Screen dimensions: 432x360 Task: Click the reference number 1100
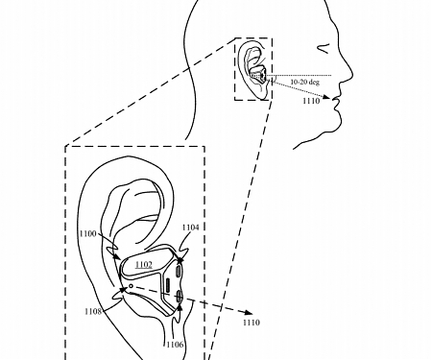[86, 233]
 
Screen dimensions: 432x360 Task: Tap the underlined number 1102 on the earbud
[143, 263]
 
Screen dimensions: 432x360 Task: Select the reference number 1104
[190, 228]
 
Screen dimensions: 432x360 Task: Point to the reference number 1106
[174, 345]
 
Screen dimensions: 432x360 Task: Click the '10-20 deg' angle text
[302, 84]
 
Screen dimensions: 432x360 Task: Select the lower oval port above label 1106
[180, 300]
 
